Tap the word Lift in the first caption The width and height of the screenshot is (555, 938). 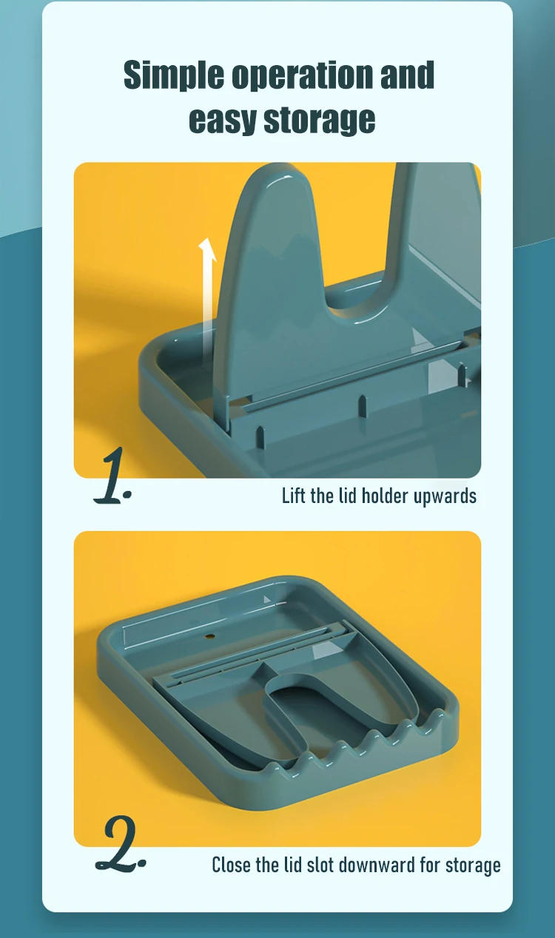(x=294, y=495)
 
